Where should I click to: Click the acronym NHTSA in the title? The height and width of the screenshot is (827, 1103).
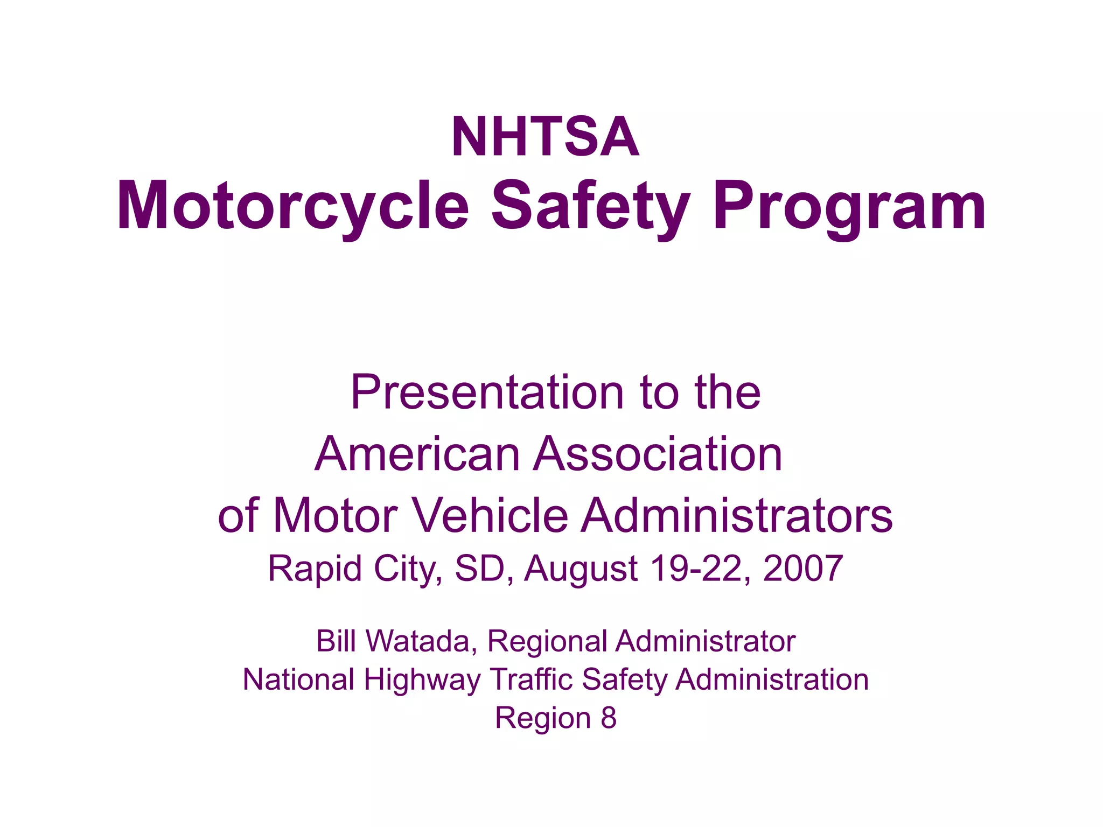tap(545, 137)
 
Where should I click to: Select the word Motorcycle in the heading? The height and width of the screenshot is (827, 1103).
tap(293, 207)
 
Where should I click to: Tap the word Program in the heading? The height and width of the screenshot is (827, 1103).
tap(849, 207)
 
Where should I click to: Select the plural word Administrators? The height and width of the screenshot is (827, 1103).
tap(737, 515)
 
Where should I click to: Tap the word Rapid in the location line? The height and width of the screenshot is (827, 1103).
tap(315, 569)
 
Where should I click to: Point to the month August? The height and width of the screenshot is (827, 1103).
tap(581, 569)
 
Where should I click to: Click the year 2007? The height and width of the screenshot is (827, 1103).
tap(803, 569)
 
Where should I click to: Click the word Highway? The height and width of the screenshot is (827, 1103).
tap(422, 680)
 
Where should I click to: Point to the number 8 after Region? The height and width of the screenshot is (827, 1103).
tap(609, 718)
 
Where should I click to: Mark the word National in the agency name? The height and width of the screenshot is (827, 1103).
tap(298, 679)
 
